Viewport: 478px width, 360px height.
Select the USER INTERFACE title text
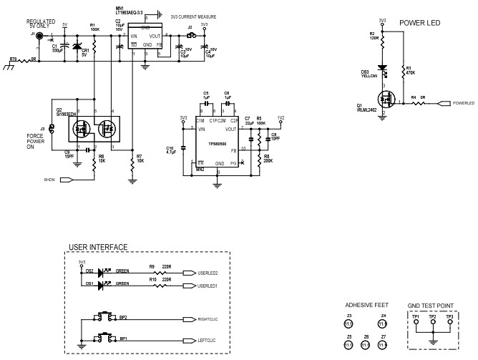[97, 248]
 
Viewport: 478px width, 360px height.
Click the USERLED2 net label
[207, 273]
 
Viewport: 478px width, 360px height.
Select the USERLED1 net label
[207, 286]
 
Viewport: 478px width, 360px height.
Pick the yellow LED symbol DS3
[383, 70]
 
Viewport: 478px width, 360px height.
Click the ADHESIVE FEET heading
[366, 304]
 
